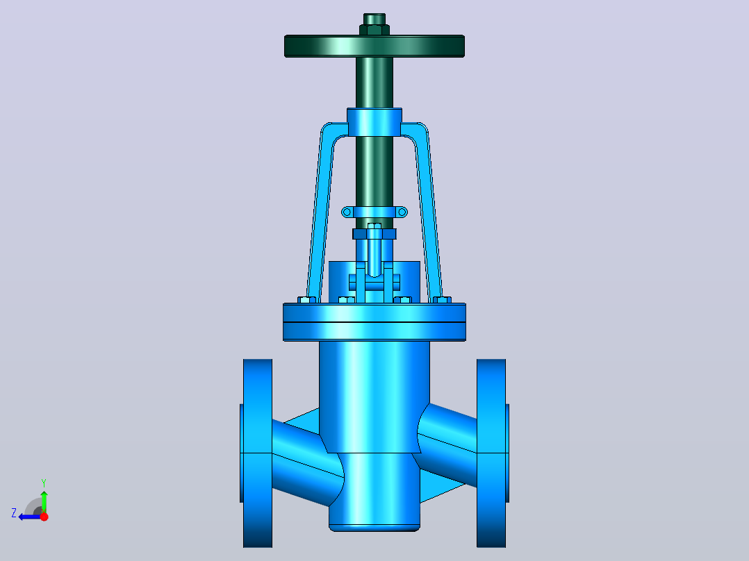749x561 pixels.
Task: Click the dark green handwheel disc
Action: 374,47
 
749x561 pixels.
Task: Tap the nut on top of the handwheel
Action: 374,30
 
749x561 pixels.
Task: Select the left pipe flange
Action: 258,453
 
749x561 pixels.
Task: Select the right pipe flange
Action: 491,453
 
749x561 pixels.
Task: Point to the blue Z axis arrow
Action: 30,517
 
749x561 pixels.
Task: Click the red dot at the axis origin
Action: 44,516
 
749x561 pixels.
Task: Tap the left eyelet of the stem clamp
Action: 347,212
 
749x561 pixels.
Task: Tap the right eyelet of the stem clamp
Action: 402,212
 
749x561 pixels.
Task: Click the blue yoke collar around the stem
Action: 374,122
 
